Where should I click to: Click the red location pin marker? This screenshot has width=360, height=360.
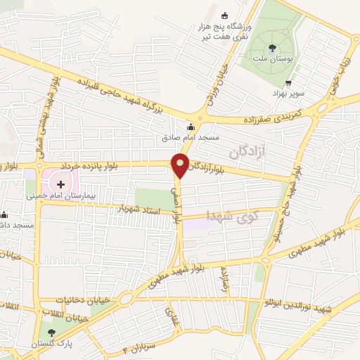(181, 167)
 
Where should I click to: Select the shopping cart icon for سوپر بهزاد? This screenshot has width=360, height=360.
(288, 82)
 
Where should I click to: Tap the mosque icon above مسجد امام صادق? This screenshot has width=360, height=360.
(190, 127)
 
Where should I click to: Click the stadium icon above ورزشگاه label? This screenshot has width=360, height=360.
(224, 15)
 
